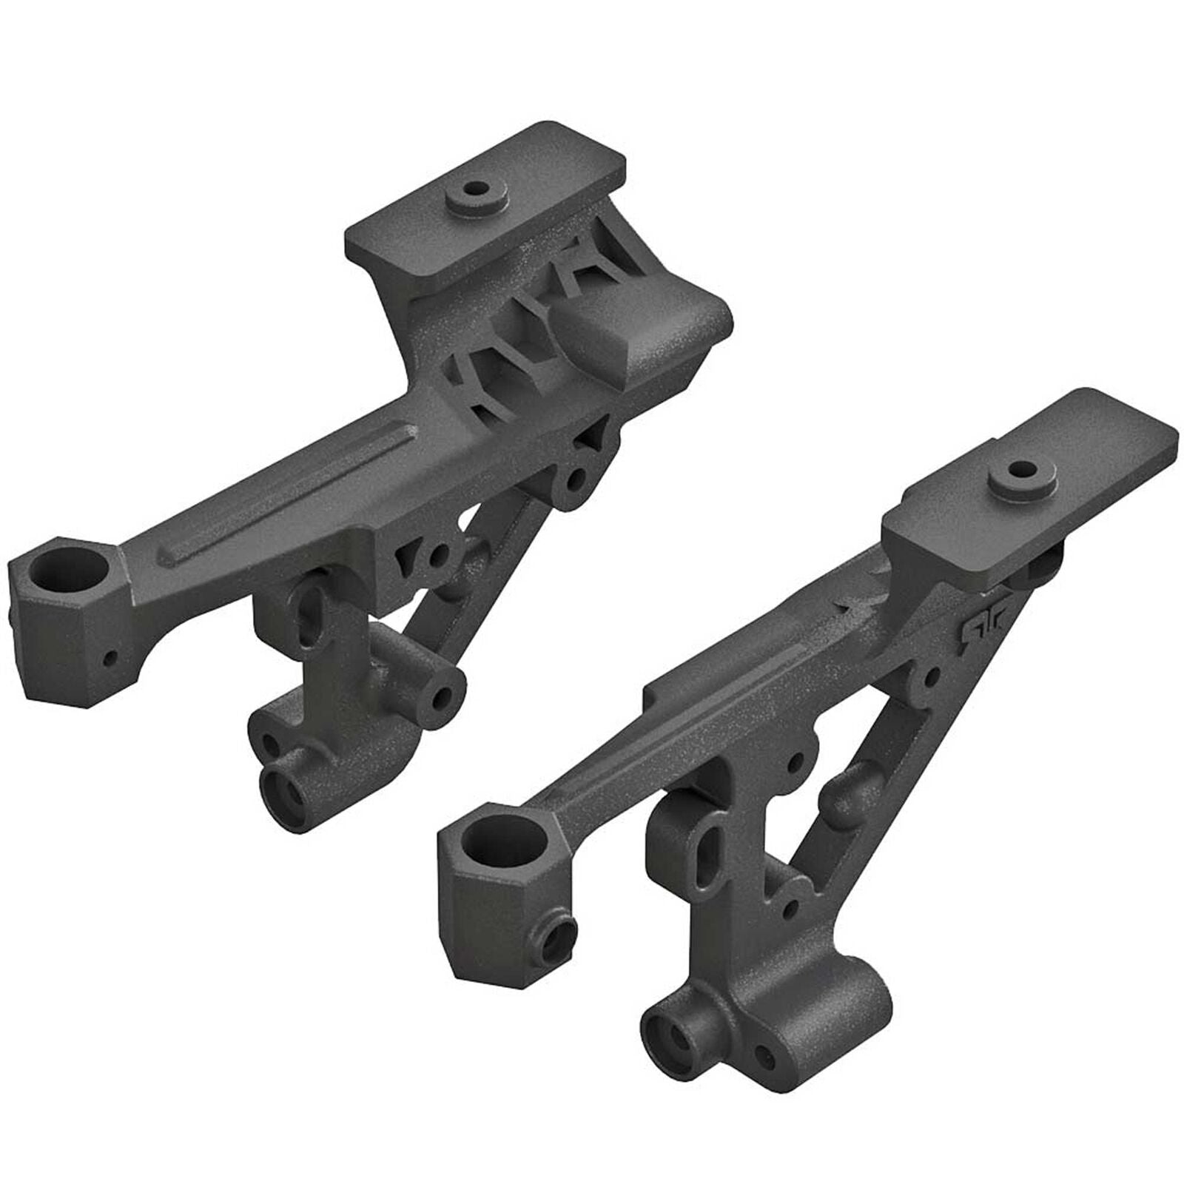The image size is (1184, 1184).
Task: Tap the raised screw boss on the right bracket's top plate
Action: [1023, 471]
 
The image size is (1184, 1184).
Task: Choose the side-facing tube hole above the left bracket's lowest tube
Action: [446, 695]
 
